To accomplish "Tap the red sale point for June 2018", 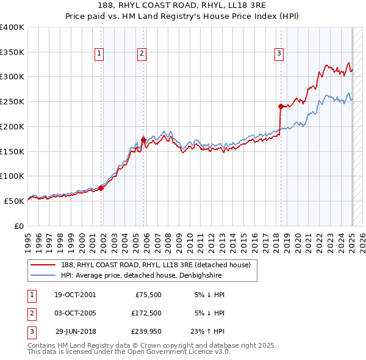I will [x=281, y=106].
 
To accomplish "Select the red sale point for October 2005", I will [x=143, y=140].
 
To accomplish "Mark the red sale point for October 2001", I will [x=101, y=188].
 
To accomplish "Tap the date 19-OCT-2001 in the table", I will [x=75, y=295].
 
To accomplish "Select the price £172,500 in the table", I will [x=146, y=314].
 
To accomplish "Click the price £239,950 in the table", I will [x=146, y=333].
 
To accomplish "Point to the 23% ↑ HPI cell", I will [x=207, y=333].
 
